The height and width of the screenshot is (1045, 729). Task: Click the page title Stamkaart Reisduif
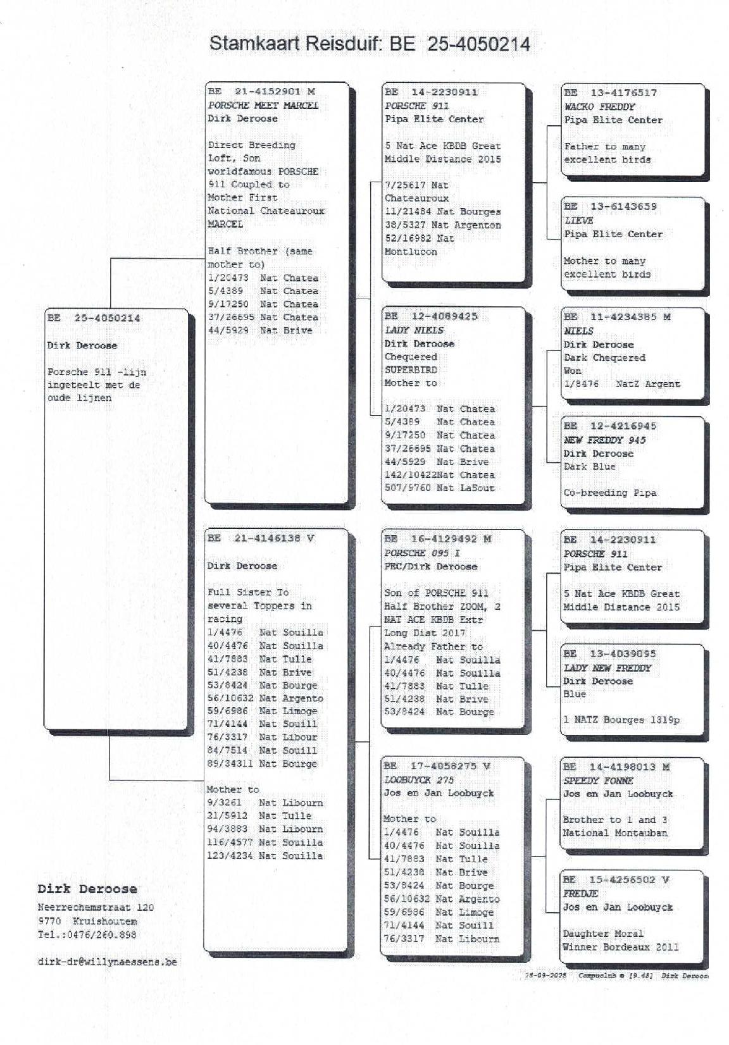(369, 44)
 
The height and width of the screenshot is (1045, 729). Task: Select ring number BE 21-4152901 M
(261, 92)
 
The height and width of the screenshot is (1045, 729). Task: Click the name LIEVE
(578, 220)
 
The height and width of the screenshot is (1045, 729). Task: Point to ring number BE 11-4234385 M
(617, 316)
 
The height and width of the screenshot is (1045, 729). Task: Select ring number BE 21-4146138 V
(261, 538)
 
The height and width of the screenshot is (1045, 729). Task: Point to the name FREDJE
(580, 894)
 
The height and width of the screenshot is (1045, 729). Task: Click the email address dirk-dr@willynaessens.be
(108, 962)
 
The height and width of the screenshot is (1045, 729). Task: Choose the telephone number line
(87, 934)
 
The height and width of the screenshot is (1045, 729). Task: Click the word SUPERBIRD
(411, 369)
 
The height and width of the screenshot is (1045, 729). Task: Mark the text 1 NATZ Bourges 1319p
(621, 720)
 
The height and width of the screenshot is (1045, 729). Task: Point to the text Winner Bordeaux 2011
(620, 947)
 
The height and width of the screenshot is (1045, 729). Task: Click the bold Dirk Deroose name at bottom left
(87, 889)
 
